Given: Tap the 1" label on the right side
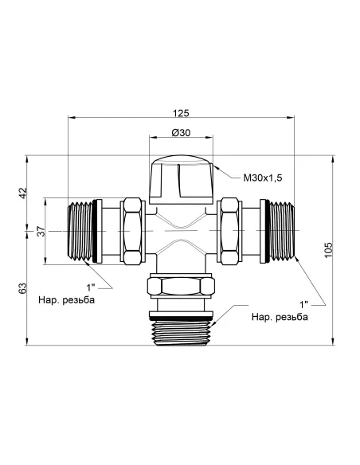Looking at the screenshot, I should pos(304,304).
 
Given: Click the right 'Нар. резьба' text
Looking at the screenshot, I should pos(280,318).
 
